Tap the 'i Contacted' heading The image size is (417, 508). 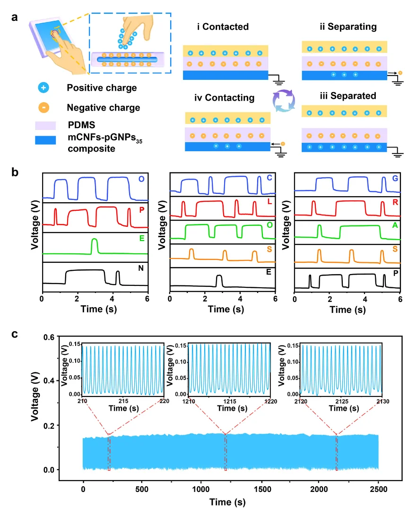coord(223,27)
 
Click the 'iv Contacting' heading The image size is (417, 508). coord(225,98)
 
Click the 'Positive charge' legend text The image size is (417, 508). coord(102,88)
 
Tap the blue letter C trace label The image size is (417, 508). coord(269,178)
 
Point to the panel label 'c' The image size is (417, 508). coord(15,334)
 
